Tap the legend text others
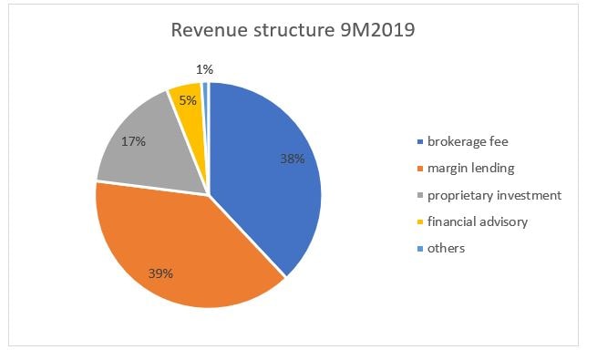click(x=447, y=248)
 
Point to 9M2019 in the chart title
click(x=380, y=30)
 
